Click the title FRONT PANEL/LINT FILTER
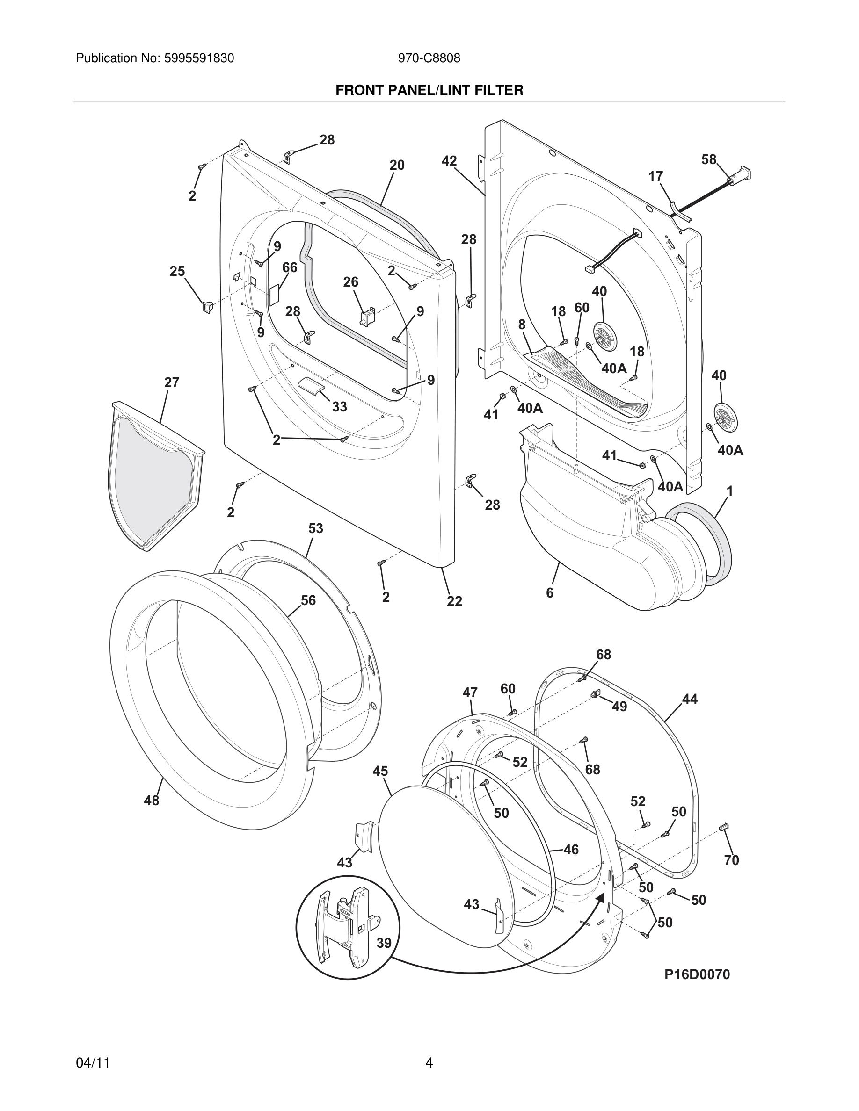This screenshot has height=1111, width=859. [429, 91]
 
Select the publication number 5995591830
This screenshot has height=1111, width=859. [199, 58]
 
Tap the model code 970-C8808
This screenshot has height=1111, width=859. [429, 58]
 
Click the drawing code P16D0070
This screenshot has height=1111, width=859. [697, 974]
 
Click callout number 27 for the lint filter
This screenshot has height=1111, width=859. [172, 382]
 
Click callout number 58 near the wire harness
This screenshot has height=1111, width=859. [708, 160]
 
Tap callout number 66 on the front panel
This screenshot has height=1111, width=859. [290, 267]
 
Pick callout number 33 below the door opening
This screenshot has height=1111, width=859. [339, 407]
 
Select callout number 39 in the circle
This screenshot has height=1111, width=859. [384, 943]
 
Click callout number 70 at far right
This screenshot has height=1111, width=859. [731, 860]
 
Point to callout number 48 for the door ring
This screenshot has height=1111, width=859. [152, 800]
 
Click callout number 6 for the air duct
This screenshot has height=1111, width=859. [550, 592]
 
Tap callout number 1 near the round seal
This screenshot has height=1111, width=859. [729, 491]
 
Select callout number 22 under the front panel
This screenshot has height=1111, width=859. [454, 601]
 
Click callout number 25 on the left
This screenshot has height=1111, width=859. [177, 272]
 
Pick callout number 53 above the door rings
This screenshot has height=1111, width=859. [315, 528]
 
